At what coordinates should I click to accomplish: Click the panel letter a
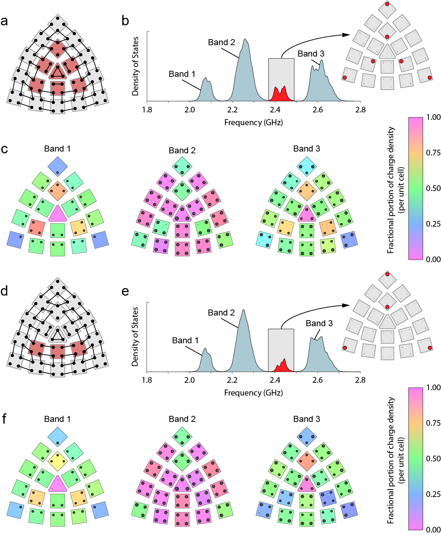click(x=4, y=21)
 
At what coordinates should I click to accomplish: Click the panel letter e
click(x=125, y=291)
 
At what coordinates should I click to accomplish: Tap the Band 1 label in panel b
click(x=182, y=74)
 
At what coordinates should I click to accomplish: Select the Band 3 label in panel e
click(x=319, y=323)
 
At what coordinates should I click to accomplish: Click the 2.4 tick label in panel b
click(x=275, y=110)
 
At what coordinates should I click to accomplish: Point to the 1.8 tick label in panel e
click(x=147, y=380)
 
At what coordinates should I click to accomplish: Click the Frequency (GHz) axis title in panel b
click(x=253, y=123)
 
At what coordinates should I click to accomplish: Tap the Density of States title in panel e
click(x=135, y=337)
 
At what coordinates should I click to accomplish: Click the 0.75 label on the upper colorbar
click(x=433, y=153)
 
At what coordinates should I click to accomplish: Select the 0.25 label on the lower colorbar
click(x=433, y=494)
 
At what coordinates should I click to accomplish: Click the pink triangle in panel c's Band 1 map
click(x=57, y=214)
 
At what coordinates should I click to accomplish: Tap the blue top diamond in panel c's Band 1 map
click(x=57, y=166)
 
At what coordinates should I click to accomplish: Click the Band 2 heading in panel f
click(x=182, y=419)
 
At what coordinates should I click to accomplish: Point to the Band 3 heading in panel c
click(x=306, y=149)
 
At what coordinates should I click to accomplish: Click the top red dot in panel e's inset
click(x=387, y=274)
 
